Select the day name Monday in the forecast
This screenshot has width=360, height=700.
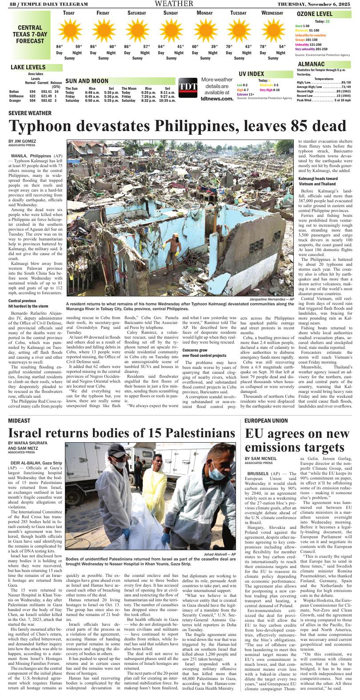coord(204,13)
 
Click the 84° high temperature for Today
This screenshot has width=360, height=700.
coord(59,47)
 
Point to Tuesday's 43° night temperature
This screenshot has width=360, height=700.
coord(248,47)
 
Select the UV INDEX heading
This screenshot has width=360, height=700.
coord(251,74)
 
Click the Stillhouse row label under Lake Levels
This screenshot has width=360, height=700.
coord(16,96)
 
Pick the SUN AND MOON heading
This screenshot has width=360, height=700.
coord(87,81)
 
